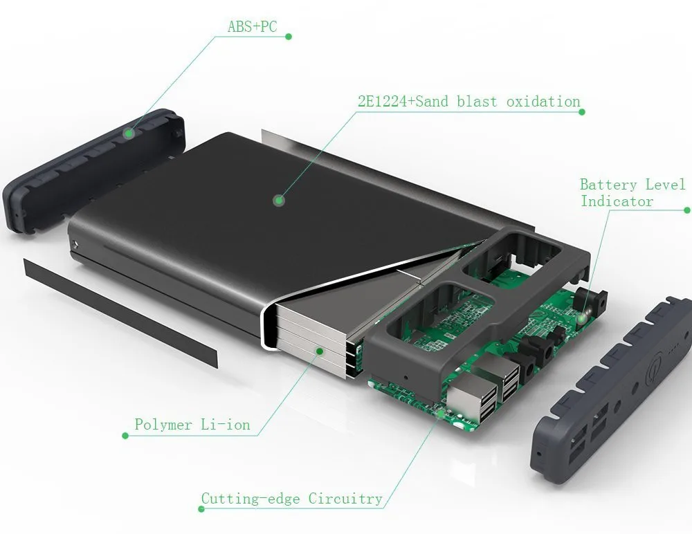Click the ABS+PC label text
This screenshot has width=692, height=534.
tap(252, 27)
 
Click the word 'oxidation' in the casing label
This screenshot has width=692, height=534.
tap(543, 102)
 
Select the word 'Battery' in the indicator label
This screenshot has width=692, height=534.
tap(608, 185)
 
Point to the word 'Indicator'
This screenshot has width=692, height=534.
tap(617, 201)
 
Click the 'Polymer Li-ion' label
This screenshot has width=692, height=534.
tap(192, 424)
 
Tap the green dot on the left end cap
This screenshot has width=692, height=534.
tap(128, 131)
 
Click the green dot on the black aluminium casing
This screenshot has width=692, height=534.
tap(279, 201)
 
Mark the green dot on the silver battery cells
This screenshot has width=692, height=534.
tap(319, 351)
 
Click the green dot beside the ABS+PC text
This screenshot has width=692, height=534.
tap(289, 37)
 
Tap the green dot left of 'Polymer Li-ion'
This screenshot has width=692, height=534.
tap(125, 436)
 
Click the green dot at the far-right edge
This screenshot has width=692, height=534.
tap(686, 210)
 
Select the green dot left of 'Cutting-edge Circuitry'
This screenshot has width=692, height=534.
tap(201, 509)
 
